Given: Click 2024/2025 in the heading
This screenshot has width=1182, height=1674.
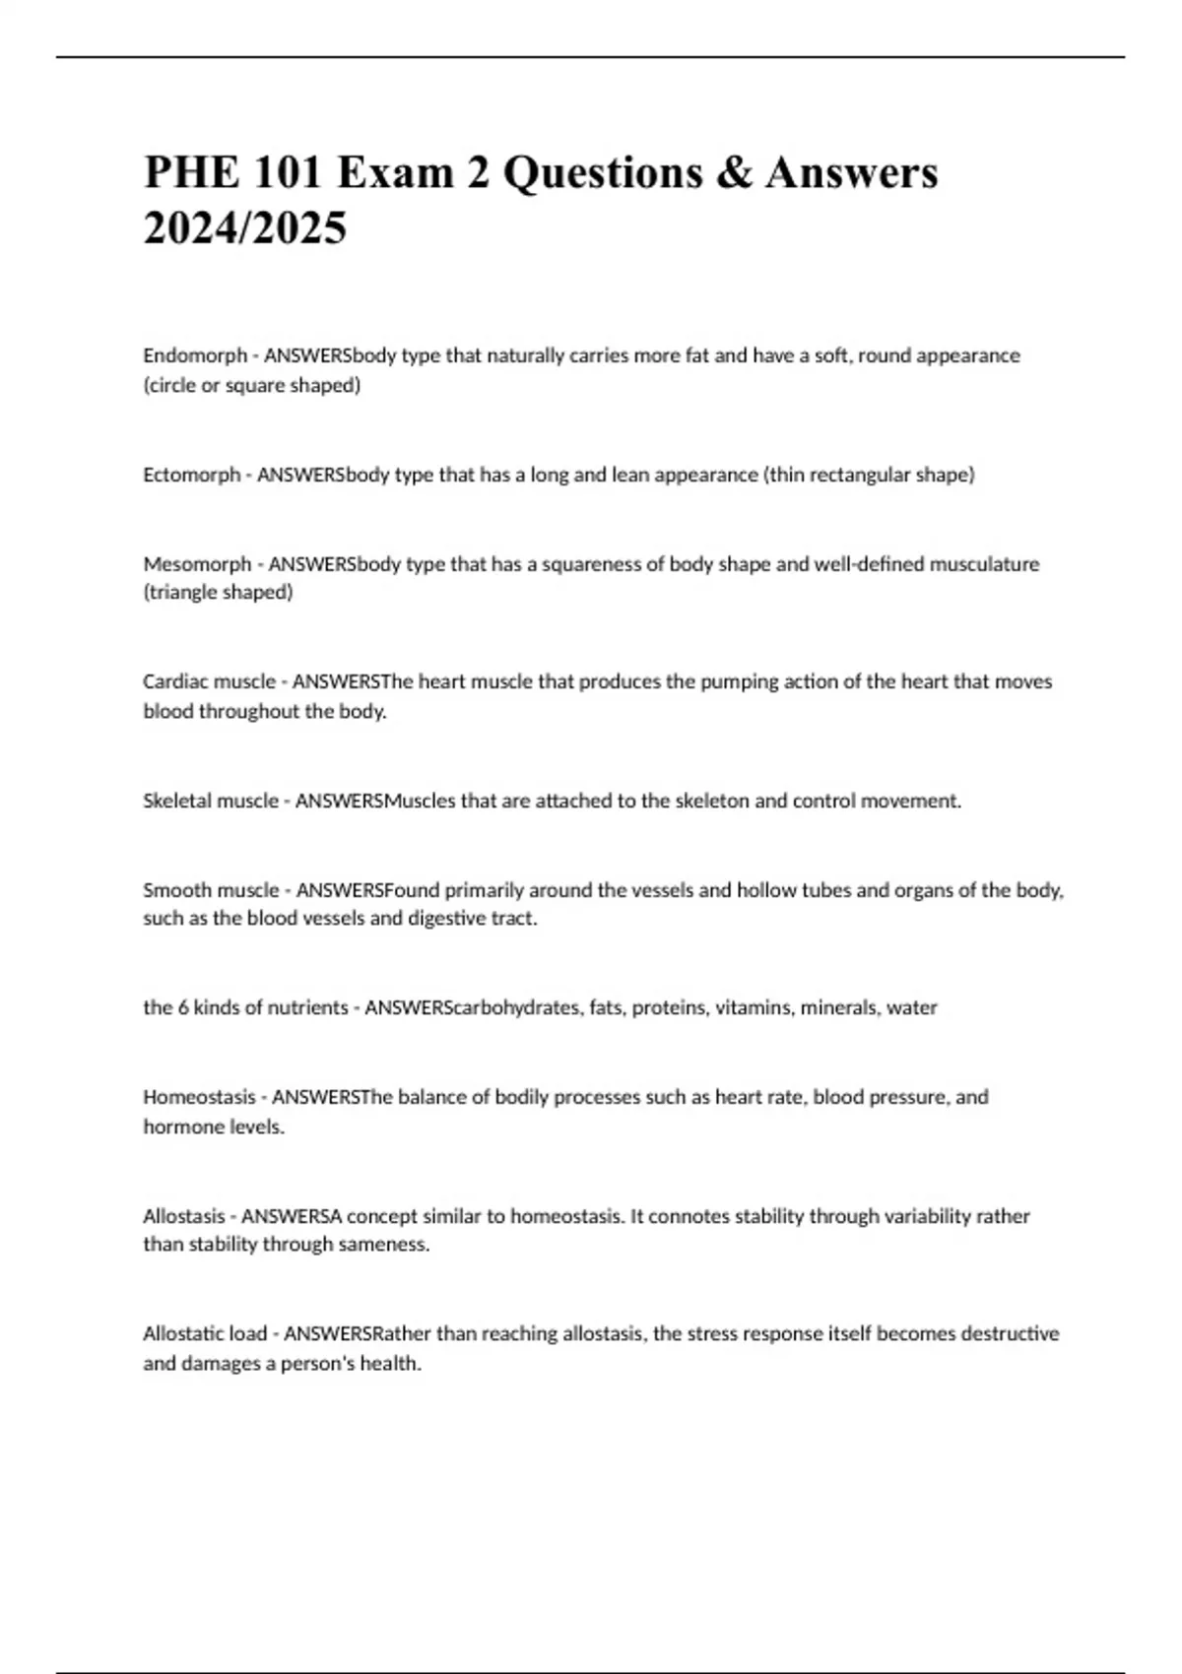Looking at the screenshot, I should [x=245, y=228].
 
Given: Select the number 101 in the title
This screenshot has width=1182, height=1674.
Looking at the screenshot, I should [x=289, y=173].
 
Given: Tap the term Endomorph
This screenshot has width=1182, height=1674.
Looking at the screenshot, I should [x=195, y=355].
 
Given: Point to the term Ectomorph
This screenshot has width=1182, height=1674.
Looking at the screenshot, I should [x=192, y=475].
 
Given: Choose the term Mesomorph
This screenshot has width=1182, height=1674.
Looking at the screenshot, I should [x=197, y=564].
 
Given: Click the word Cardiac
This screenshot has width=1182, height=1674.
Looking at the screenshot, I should [x=175, y=681].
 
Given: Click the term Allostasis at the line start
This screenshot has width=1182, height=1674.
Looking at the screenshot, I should [x=184, y=1216].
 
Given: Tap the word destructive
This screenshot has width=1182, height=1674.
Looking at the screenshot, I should [x=1010, y=1334].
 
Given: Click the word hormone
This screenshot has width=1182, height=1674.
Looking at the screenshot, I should [x=177, y=1127].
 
